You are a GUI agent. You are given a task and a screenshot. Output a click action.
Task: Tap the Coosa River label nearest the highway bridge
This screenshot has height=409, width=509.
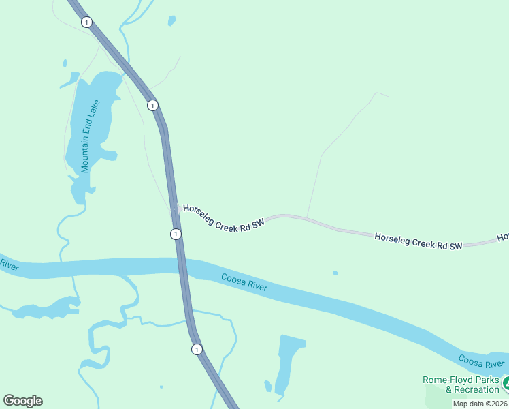coord(244,283)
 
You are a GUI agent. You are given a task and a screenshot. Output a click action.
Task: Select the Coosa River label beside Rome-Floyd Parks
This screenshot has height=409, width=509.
coord(481,361)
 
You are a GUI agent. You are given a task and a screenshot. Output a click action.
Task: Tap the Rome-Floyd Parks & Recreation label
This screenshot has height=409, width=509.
coord(461,384)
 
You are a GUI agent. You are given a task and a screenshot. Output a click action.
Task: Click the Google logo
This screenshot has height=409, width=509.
coord(22,401)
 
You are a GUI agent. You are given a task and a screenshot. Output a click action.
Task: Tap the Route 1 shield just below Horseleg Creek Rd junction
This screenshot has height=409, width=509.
coord(176,234)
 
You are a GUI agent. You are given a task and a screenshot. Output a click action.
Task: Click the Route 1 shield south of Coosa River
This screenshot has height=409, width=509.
coord(197,349)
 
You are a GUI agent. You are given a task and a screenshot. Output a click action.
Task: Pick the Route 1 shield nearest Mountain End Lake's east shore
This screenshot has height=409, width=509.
coord(152,105)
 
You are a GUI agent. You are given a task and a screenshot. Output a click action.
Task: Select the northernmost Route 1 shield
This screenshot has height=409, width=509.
coord(86,22)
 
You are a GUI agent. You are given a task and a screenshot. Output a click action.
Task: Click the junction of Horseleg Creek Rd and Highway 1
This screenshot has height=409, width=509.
coord(174,208)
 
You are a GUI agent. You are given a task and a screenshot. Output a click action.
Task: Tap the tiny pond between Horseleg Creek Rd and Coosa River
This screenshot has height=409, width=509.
coord(335,273)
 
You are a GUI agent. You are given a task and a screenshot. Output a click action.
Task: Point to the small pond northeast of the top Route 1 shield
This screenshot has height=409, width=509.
coord(171,20)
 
